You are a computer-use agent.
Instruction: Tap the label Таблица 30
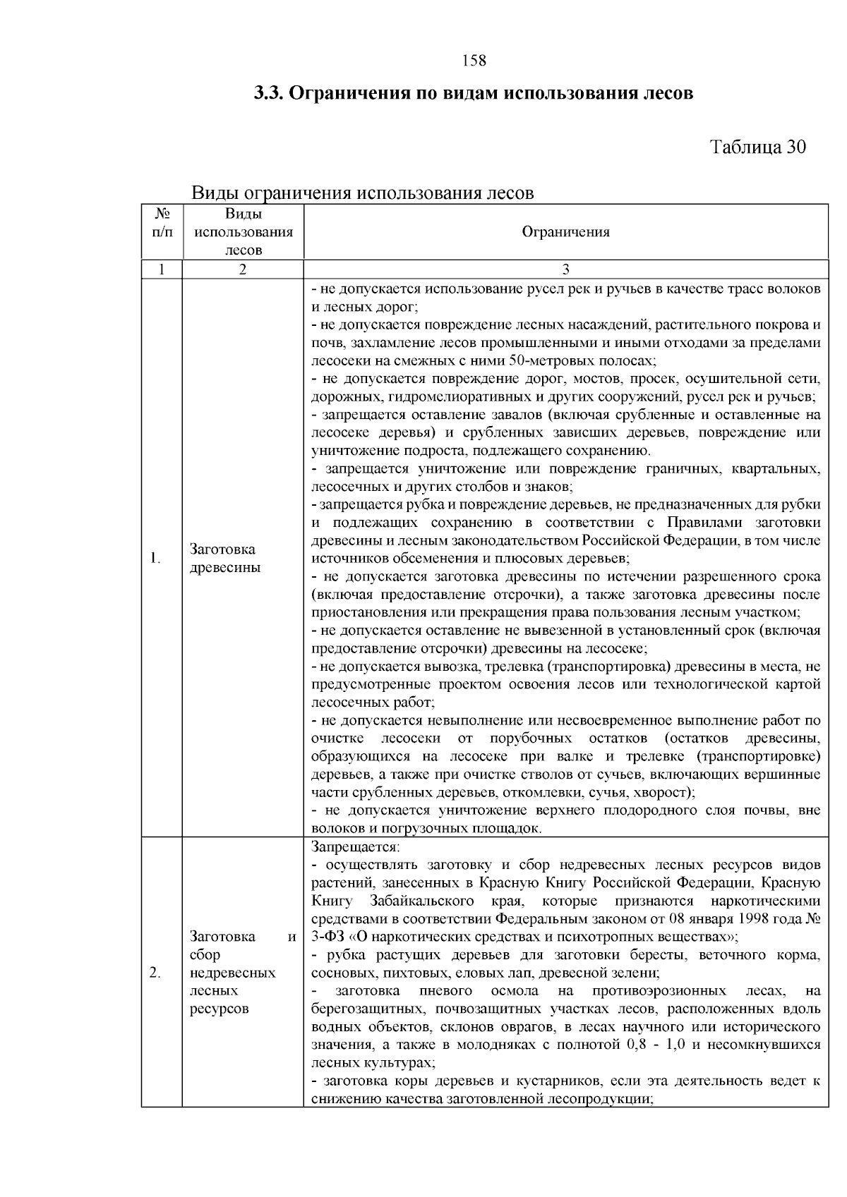pos(757,147)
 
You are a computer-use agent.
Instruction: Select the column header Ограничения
pos(565,232)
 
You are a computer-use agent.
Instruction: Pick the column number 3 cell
pos(565,269)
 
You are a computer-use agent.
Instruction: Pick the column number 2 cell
pos(243,269)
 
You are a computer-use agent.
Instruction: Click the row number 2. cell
pos(155,973)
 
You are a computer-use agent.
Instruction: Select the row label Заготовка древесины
pos(223,559)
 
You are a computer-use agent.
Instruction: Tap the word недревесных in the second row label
pos(233,973)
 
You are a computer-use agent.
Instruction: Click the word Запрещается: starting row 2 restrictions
pos(355,846)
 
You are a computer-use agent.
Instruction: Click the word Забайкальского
pos(421,901)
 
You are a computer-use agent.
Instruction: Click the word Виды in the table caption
pos(215,193)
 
